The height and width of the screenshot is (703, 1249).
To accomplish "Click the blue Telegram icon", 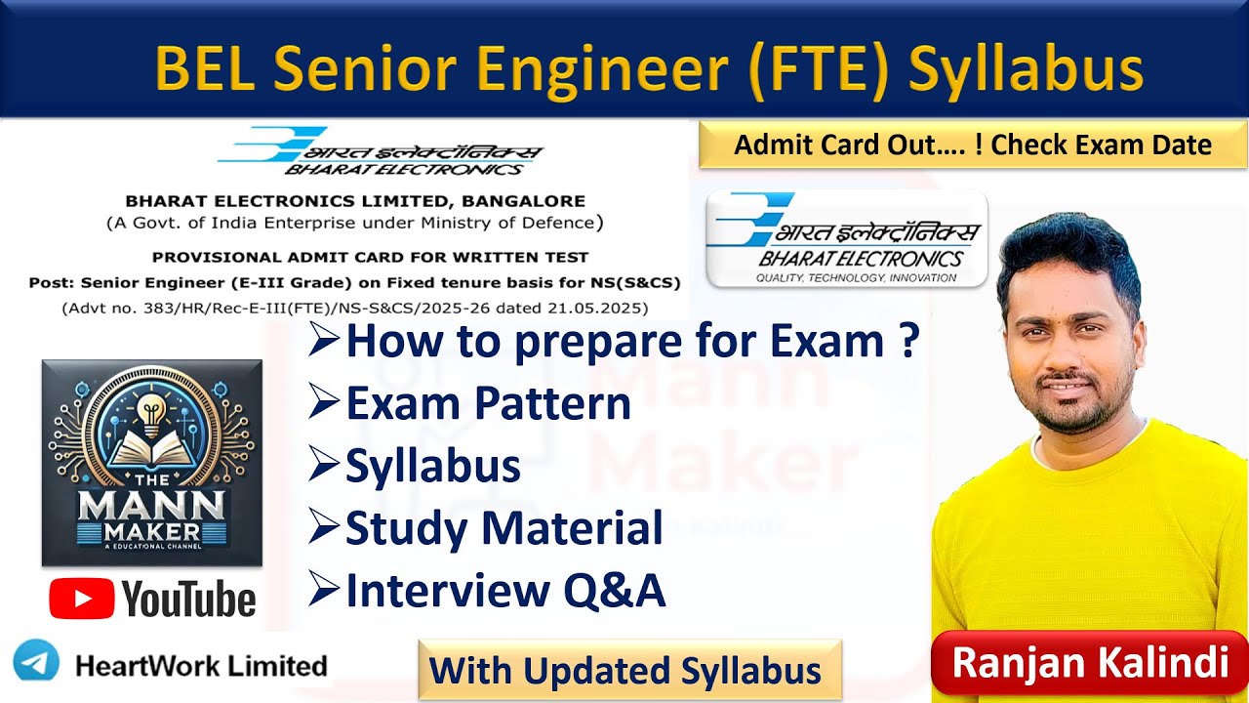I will [x=37, y=664].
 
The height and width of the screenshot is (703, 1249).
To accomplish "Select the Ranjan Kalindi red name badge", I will [x=1089, y=662].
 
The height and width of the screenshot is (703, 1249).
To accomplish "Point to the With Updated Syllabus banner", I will [x=629, y=671].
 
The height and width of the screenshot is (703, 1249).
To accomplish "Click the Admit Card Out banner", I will [x=973, y=145].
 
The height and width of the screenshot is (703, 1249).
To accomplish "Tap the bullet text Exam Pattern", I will [x=488, y=403].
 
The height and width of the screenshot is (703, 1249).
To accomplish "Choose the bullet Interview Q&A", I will [x=504, y=591].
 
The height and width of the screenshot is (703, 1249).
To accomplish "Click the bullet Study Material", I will [x=504, y=528].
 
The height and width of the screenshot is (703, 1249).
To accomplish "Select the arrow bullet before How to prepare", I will [x=325, y=342].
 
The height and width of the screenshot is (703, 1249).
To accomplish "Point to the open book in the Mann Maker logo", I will [x=151, y=449].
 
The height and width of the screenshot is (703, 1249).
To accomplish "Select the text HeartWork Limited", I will [x=201, y=666].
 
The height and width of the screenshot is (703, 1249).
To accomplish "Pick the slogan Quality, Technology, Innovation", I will [x=846, y=278].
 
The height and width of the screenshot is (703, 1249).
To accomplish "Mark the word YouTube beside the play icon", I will [x=189, y=599].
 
